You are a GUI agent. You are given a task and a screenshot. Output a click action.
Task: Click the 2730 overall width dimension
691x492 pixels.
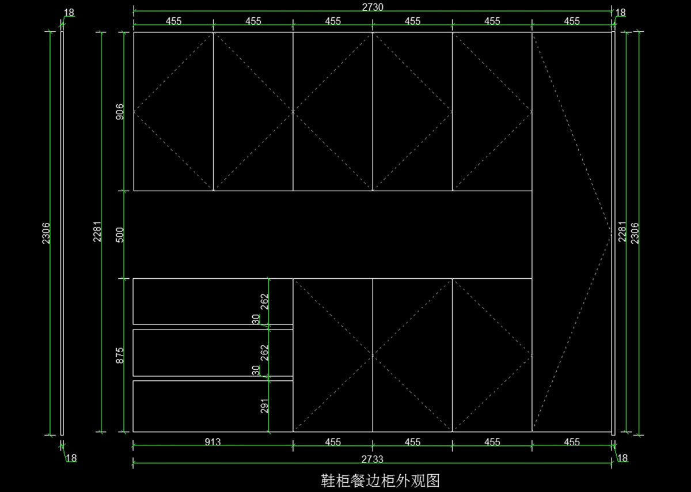pyautogui.click(x=373, y=6)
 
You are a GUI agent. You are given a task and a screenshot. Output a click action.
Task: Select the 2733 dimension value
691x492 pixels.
pyautogui.click(x=373, y=459)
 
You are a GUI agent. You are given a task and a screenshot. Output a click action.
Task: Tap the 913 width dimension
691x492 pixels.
pyautogui.click(x=212, y=442)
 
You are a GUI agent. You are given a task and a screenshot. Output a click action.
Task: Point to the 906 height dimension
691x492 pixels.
pyautogui.click(x=120, y=111)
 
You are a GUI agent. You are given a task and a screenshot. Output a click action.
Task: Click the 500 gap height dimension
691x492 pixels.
pyautogui.click(x=120, y=234)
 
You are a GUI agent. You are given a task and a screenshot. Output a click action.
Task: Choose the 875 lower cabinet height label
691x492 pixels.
pyautogui.click(x=120, y=355)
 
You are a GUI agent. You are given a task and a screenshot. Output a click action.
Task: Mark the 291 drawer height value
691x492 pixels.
pyautogui.click(x=265, y=406)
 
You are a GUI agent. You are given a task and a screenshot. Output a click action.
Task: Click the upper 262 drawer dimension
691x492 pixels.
pyautogui.click(x=265, y=302)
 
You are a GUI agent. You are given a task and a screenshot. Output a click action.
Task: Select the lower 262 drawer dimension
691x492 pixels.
pyautogui.click(x=265, y=353)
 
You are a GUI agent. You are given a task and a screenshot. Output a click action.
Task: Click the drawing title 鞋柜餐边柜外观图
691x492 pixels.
pyautogui.click(x=380, y=479)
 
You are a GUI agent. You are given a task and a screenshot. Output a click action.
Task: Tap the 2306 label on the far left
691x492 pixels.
pyautogui.click(x=46, y=233)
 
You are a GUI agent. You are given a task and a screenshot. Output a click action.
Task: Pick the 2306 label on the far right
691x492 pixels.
pyautogui.click(x=635, y=233)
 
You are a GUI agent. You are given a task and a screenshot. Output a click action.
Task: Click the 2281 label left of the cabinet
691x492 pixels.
pyautogui.click(x=97, y=233)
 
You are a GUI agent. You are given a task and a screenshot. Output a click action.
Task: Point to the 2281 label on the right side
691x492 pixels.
pyautogui.click(x=622, y=233)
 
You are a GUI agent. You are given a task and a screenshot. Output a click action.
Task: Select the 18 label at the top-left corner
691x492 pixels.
pyautogui.click(x=69, y=12)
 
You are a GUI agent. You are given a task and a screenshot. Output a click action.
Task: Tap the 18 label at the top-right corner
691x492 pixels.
pyautogui.click(x=621, y=12)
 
